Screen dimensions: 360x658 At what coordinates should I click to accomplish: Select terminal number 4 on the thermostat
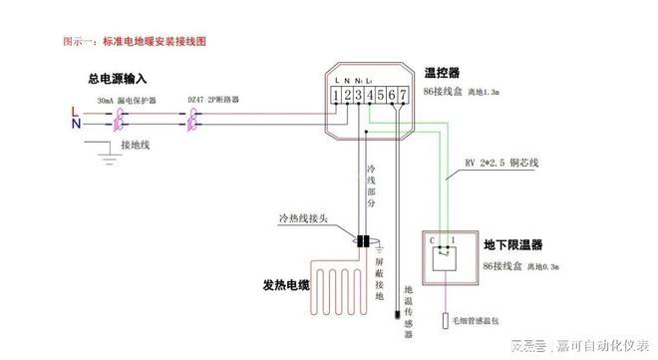click(x=371, y=96)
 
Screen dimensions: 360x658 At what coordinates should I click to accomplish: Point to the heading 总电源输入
click(x=119, y=78)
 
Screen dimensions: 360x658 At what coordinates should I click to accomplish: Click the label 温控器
click(x=443, y=73)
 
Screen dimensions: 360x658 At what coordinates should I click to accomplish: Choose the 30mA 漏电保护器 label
click(x=126, y=101)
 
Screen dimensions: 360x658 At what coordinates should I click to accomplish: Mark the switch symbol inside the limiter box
click(x=446, y=258)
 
